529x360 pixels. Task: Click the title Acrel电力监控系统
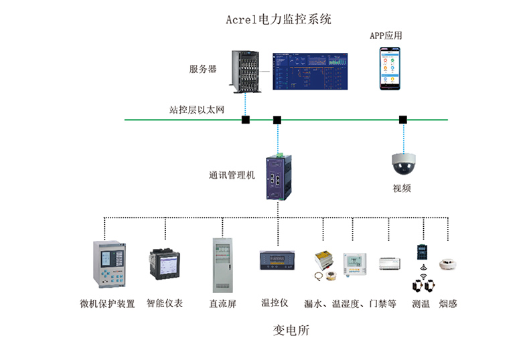pos(279,19)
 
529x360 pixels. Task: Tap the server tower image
pos(246,72)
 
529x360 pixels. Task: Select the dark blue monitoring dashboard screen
pos(310,71)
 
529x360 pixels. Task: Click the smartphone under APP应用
pos(390,68)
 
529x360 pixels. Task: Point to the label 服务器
pos(203,69)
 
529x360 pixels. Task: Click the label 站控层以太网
pos(197,110)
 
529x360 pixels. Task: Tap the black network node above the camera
pos(403,120)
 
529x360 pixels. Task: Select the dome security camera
pos(404,164)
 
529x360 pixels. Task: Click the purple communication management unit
pos(279,177)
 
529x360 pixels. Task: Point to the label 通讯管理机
pos(232,175)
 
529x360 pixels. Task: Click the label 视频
pos(402,188)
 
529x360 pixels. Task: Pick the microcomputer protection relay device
pos(109,264)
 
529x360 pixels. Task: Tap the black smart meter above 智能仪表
pos(165,264)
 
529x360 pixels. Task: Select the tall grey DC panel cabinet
pos(223,265)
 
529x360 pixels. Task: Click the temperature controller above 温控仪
pos(277,260)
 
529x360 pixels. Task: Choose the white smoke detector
pos(448,264)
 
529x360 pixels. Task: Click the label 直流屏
pos(223,304)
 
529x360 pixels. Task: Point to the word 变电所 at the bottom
pos(291,331)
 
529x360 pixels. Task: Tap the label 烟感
pos(448,304)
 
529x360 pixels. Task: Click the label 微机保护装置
pos(107,304)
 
